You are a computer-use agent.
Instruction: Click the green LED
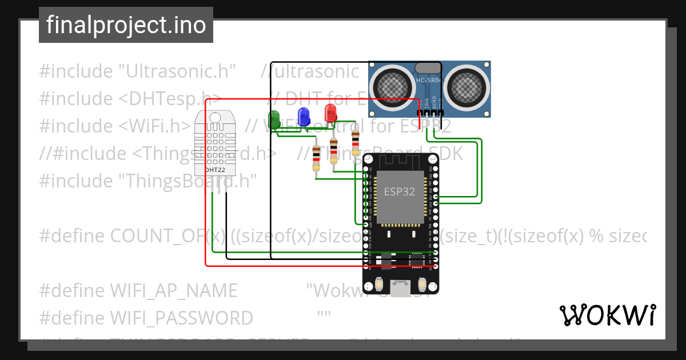(274, 116)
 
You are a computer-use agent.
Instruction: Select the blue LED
(304, 114)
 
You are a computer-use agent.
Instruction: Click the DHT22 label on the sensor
(214, 170)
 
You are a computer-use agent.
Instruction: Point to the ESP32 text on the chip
(399, 191)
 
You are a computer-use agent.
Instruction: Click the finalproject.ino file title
(126, 25)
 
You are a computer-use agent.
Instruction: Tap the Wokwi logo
(607, 315)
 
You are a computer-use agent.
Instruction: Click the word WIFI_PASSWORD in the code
(181, 318)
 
